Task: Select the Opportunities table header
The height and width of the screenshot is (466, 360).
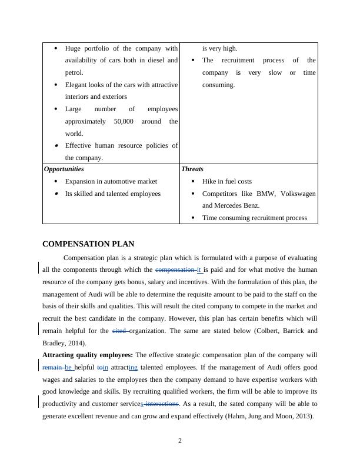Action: pos(64,169)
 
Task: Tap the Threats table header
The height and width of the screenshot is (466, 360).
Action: pos(192,169)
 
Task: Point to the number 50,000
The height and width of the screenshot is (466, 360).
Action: pos(126,121)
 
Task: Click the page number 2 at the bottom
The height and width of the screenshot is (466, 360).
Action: pos(180,441)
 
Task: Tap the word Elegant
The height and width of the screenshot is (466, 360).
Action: pos(78,85)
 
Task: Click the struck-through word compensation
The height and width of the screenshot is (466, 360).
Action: pos(175,270)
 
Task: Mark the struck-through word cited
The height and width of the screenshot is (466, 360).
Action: pos(119,331)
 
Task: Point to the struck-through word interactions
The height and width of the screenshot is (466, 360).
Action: pos(162,404)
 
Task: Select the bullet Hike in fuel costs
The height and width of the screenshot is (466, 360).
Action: pos(226,181)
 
